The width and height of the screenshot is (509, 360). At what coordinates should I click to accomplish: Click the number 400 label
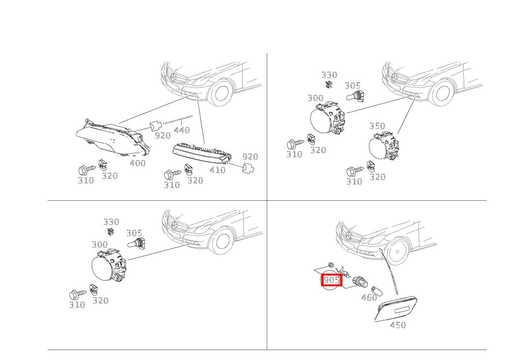[x=138, y=163]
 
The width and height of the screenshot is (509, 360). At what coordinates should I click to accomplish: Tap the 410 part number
[x=218, y=170]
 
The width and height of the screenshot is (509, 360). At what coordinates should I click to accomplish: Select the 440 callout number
[x=182, y=130]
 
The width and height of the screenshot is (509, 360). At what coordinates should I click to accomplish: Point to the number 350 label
[x=377, y=126]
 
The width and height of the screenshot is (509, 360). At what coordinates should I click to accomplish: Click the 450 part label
[x=398, y=325]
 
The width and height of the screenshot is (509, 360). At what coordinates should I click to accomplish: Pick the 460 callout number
[x=369, y=297]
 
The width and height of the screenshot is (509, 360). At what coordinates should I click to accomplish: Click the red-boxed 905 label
[x=332, y=280]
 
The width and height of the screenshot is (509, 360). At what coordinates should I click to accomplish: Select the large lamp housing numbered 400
[x=112, y=138]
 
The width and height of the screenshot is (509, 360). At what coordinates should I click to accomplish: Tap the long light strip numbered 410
[x=202, y=153]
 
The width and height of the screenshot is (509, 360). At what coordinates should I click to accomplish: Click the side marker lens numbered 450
[x=396, y=309]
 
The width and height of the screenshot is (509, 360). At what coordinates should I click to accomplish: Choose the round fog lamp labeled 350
[x=383, y=145]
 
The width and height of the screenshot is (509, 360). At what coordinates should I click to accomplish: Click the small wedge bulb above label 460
[x=377, y=291]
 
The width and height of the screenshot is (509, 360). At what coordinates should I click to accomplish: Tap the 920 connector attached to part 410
[x=248, y=168]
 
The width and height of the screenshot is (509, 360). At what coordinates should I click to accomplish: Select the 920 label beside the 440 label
[x=163, y=135]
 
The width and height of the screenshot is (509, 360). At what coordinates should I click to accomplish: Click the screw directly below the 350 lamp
[x=355, y=171]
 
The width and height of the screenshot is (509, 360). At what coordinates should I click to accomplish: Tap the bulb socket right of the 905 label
[x=360, y=282]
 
